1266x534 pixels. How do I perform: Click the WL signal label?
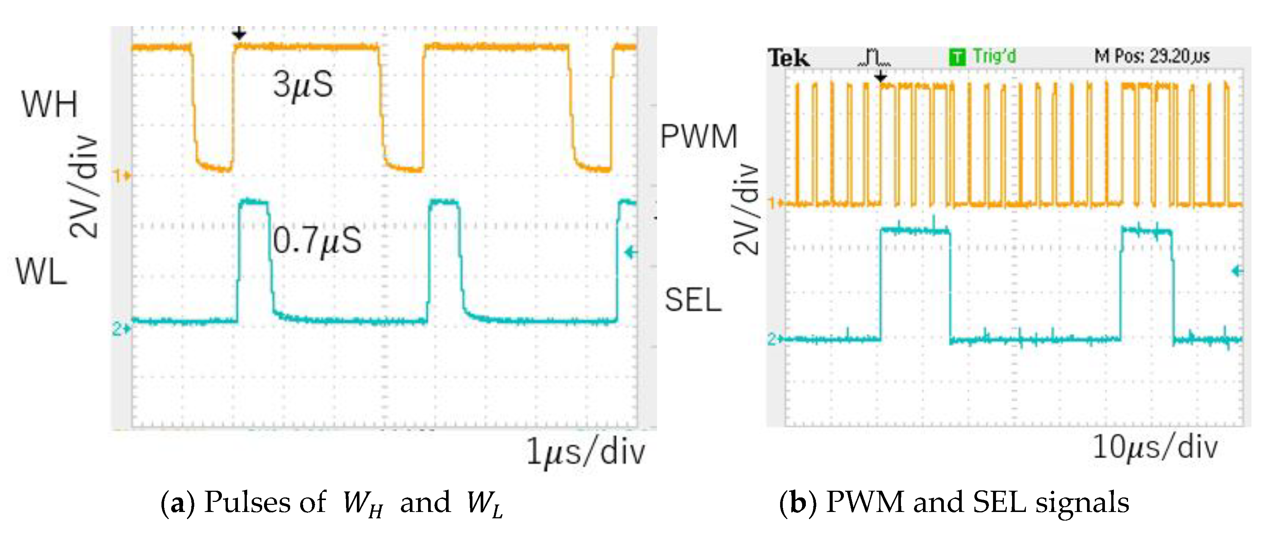click(41, 272)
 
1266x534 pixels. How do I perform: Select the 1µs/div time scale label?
click(585, 452)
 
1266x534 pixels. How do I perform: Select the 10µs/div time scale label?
click(1155, 448)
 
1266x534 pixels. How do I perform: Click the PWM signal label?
click(698, 136)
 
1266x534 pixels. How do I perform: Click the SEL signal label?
click(692, 300)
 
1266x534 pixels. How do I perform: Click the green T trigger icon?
click(957, 57)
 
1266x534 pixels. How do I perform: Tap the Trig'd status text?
click(994, 56)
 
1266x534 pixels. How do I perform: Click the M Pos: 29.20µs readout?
click(1152, 56)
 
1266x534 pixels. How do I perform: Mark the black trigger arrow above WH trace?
click(239, 34)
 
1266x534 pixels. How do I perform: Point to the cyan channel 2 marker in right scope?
click(775, 339)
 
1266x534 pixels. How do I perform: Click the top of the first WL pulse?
click(254, 201)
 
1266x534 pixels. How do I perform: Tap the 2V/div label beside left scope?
click(84, 187)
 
